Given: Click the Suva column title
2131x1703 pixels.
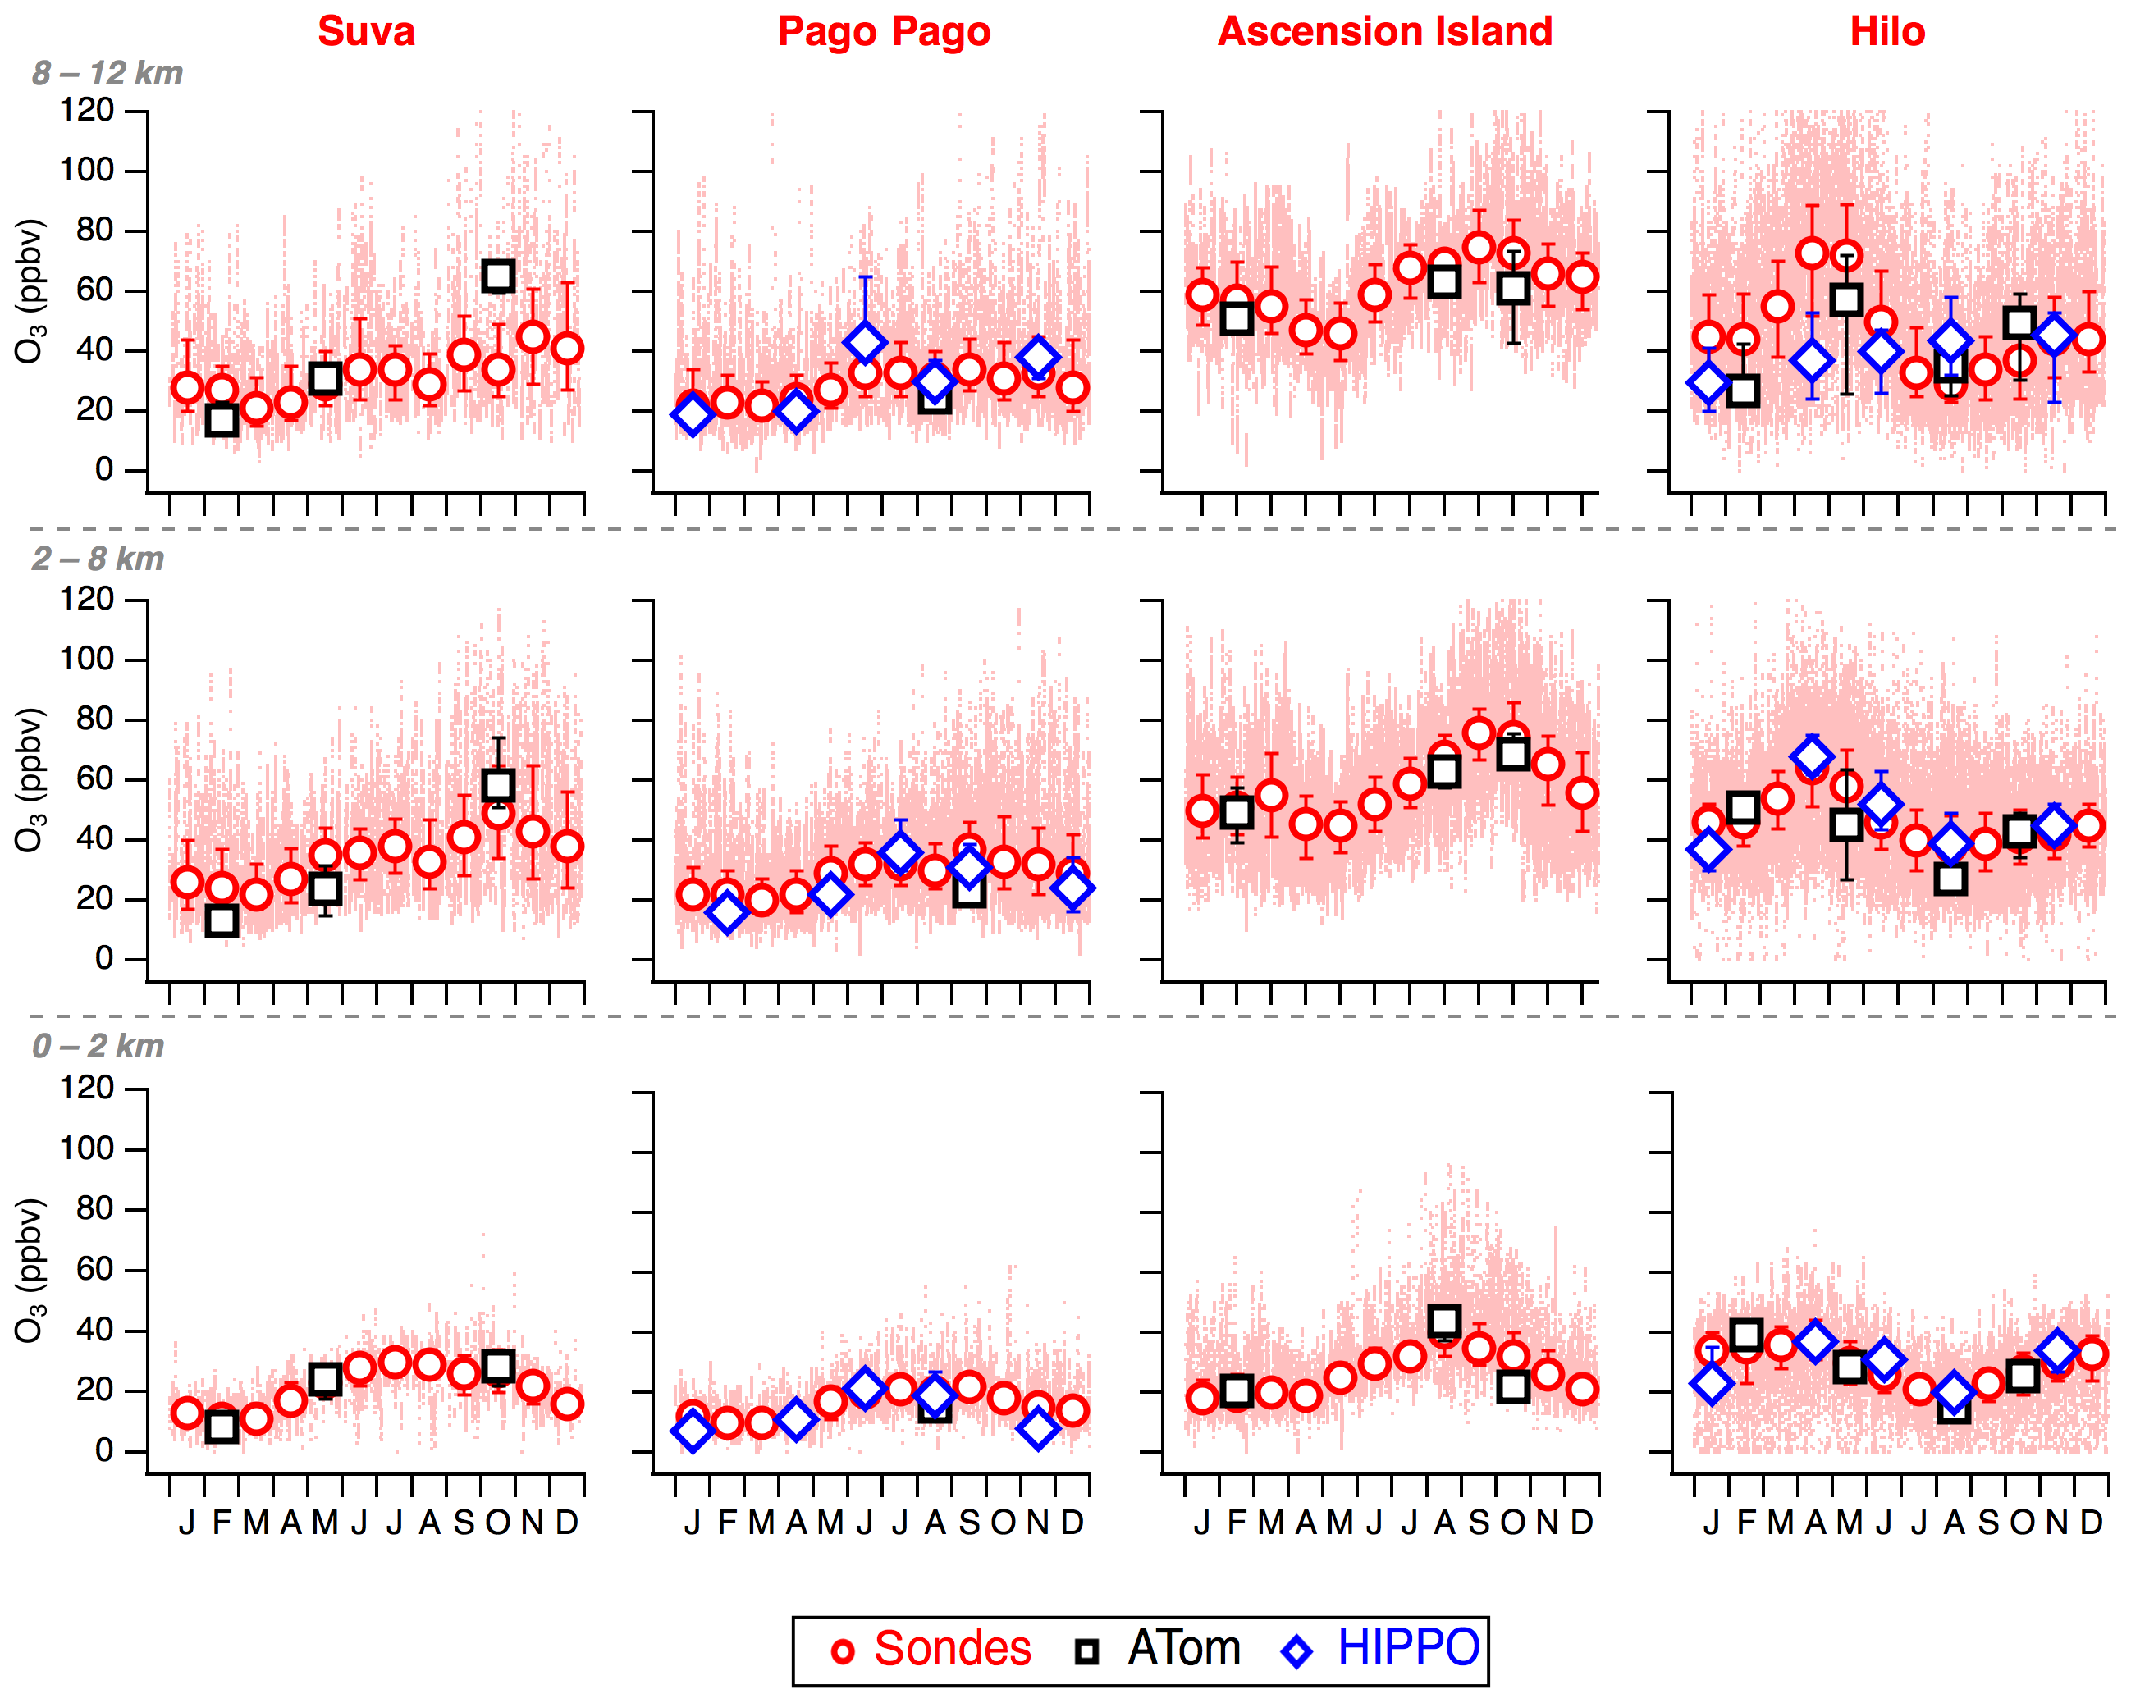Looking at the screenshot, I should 366,32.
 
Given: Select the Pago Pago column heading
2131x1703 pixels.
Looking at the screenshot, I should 884,32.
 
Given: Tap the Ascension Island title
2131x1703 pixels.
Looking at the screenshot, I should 1385,32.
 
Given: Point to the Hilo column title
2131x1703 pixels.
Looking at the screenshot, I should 1886,32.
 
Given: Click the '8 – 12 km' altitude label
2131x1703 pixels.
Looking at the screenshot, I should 107,73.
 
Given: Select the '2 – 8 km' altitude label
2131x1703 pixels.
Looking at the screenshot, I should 97,559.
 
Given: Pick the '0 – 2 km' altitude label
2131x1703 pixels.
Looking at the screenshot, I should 97,1046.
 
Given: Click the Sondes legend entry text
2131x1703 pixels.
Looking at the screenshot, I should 952,1649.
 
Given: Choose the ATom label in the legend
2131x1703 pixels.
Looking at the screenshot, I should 1183,1649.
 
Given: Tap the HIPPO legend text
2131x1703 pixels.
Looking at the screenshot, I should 1407,1649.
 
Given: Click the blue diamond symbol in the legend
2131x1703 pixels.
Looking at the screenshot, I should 1296,1650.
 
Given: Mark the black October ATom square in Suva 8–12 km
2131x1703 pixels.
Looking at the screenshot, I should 498,276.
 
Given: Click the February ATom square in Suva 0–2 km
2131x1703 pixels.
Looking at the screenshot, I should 222,1427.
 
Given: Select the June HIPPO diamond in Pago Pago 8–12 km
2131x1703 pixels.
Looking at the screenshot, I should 865,342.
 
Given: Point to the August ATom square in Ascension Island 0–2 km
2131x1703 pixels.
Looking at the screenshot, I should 1444,1322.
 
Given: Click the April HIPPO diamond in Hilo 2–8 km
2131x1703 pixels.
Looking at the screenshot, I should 1812,758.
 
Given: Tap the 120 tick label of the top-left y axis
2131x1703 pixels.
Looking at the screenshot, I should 87,111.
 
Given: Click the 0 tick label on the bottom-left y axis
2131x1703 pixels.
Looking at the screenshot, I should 103,1451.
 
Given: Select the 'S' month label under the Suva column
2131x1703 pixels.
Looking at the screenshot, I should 464,1523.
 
